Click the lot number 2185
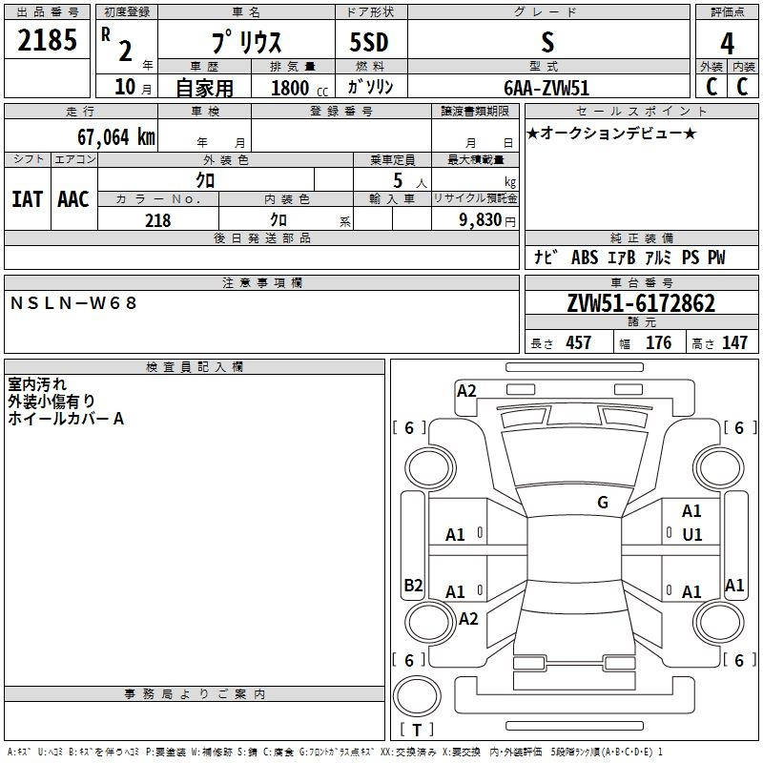coord(47,39)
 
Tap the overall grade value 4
coord(727,44)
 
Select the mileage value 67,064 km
coord(116,137)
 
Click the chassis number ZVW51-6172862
coord(641,303)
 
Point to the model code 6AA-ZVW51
coord(546,88)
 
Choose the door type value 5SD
coord(369,42)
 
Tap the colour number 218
coord(157,220)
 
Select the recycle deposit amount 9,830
coord(481,220)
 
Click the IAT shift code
coord(28,199)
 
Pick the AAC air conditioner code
coord(73,199)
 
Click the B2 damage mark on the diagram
coord(413,585)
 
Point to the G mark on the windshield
coord(603,503)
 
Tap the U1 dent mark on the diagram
coord(692,535)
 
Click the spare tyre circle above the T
coord(417,696)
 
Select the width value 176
coord(658,342)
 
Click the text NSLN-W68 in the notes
coord(73,303)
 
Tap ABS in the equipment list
coord(585,258)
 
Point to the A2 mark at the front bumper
coord(466,391)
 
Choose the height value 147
coord(734,342)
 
